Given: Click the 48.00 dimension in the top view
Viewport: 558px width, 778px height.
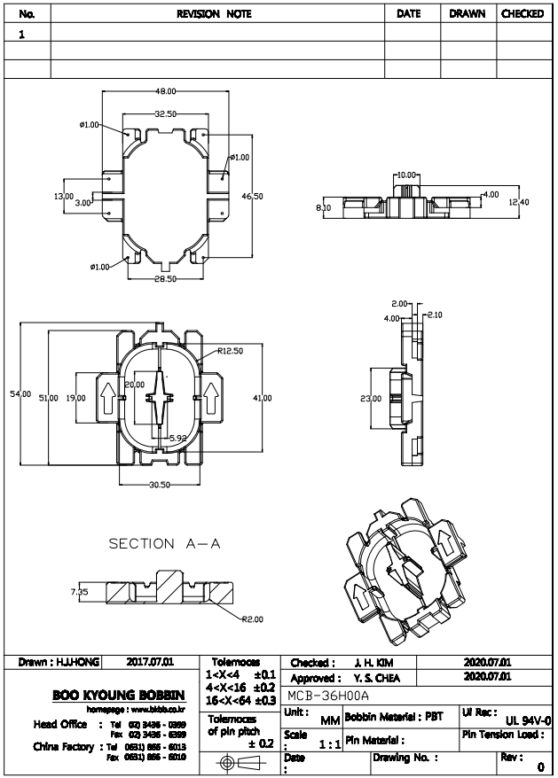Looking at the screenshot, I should (x=166, y=91).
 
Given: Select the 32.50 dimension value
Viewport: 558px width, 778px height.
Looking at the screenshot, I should (x=166, y=114).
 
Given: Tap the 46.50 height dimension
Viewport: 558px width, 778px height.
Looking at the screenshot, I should (x=253, y=196).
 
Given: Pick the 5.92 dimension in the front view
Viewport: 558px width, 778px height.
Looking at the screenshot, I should (x=178, y=438).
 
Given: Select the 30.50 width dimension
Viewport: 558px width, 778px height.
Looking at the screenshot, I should (x=160, y=485).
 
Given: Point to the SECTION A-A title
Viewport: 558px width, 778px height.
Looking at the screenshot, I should (x=164, y=543).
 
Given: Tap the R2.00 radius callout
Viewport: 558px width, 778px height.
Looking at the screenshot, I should (x=253, y=619).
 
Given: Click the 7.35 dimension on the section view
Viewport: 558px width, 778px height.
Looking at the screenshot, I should (x=79, y=589).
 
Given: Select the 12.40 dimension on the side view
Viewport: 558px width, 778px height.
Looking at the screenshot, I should (x=520, y=203).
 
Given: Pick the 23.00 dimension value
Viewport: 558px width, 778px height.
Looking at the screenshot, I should (x=370, y=399).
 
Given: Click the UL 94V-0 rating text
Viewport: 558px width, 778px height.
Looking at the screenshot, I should (x=529, y=720).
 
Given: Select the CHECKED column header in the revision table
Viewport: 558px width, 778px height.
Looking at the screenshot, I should (x=523, y=14).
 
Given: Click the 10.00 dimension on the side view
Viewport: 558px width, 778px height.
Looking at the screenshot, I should (x=406, y=175).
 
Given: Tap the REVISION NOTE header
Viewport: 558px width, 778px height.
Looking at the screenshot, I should (x=215, y=14).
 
